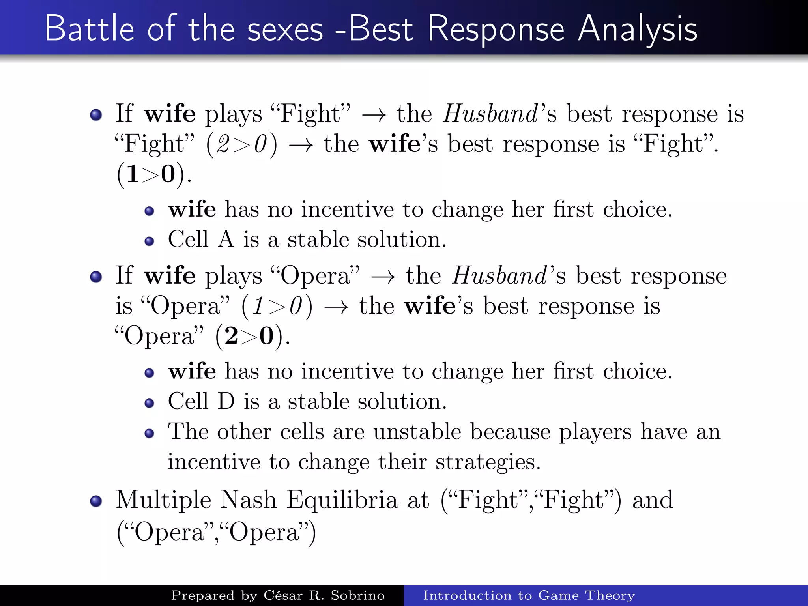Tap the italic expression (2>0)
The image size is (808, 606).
(x=241, y=144)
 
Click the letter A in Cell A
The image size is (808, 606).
(x=226, y=239)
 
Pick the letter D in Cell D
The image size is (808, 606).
(x=226, y=401)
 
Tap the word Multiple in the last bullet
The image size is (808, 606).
(x=164, y=500)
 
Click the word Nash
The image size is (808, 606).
(x=248, y=499)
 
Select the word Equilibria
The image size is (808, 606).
(x=342, y=500)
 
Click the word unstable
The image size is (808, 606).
(x=417, y=431)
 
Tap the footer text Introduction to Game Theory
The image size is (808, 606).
(x=529, y=595)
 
